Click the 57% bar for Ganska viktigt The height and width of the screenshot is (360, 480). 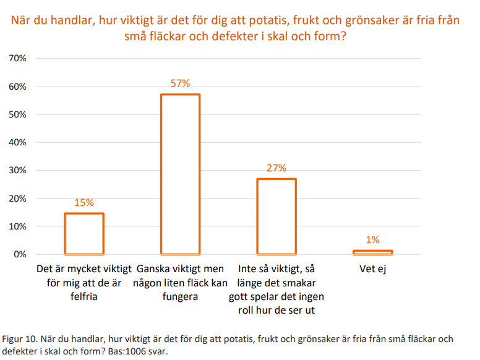(x=180, y=174)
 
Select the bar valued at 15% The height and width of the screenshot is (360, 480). (x=84, y=233)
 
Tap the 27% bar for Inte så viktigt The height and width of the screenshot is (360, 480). (x=276, y=216)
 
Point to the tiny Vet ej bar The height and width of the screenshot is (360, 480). (x=373, y=252)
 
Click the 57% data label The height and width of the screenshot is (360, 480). (x=180, y=84)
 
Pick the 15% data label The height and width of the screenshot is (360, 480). (x=84, y=202)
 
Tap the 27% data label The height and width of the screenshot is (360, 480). (x=276, y=168)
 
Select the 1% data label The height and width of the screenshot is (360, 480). (x=373, y=240)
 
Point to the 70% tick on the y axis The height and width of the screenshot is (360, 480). (x=17, y=58)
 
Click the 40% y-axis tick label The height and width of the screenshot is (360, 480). (x=17, y=142)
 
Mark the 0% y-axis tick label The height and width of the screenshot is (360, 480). (x=20, y=254)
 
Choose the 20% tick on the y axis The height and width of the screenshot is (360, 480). (x=17, y=199)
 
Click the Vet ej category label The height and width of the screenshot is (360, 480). (x=373, y=270)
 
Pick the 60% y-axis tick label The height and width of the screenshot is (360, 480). (x=17, y=87)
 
